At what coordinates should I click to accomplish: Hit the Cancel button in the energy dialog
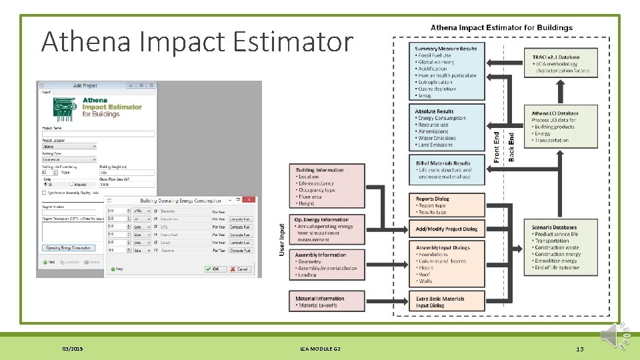tap(241, 269)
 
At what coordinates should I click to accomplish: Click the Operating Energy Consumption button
tap(69, 248)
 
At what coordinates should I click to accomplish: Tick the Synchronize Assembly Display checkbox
tap(44, 193)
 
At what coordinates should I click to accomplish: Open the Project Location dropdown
tap(93, 147)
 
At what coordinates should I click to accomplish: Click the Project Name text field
tap(97, 134)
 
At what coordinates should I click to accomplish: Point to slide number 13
tap(579, 349)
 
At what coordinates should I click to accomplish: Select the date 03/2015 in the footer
tap(71, 349)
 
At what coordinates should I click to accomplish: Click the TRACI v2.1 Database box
tap(561, 64)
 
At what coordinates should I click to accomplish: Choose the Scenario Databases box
tap(561, 247)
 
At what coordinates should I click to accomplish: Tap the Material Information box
tap(327, 302)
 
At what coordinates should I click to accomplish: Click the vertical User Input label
tap(282, 238)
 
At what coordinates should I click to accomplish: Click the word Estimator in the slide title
tap(293, 42)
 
